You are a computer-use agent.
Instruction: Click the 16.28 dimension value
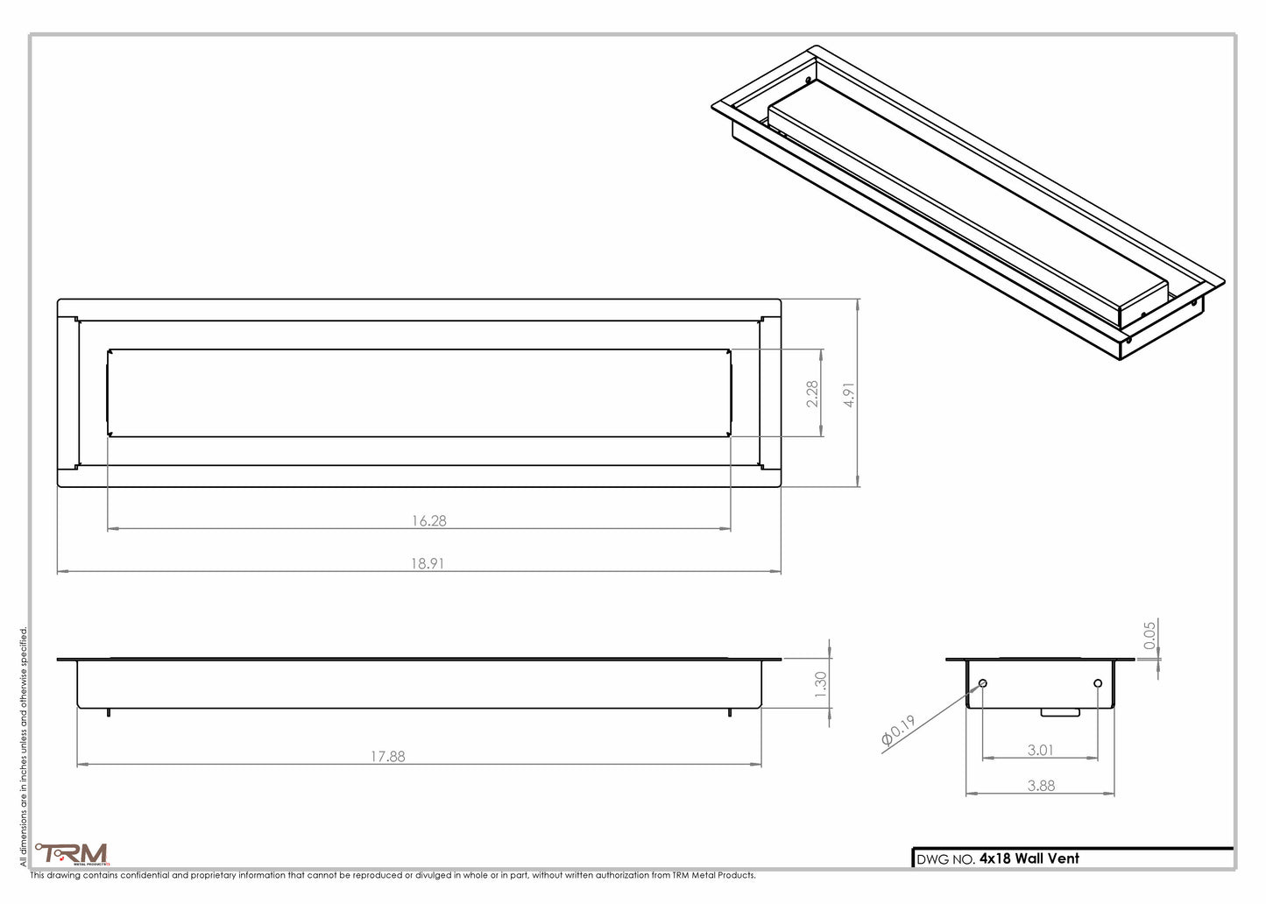(x=429, y=520)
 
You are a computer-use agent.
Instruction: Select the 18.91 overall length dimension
(x=427, y=563)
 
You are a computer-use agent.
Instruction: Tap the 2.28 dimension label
(x=812, y=393)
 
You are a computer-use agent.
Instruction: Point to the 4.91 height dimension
(x=848, y=395)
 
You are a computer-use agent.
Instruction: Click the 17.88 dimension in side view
(x=386, y=756)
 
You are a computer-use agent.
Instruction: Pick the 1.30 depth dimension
(x=820, y=683)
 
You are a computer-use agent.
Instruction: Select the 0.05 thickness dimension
(x=1150, y=634)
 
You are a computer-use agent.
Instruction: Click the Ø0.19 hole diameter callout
(x=899, y=732)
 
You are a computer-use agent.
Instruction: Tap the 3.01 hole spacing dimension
(x=1040, y=750)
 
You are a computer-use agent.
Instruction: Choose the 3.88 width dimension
(x=1041, y=786)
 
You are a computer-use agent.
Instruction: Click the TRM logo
(x=72, y=853)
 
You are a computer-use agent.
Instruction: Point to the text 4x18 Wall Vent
(x=1029, y=858)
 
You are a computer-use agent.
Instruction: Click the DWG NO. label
(x=945, y=859)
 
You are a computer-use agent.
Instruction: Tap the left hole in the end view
(x=983, y=683)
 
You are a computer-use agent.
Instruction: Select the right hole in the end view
(x=1098, y=683)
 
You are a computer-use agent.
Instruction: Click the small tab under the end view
(x=1060, y=712)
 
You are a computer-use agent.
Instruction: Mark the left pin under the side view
(x=108, y=711)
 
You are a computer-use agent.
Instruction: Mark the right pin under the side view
(x=730, y=711)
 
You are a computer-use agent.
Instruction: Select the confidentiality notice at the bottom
(x=393, y=875)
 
